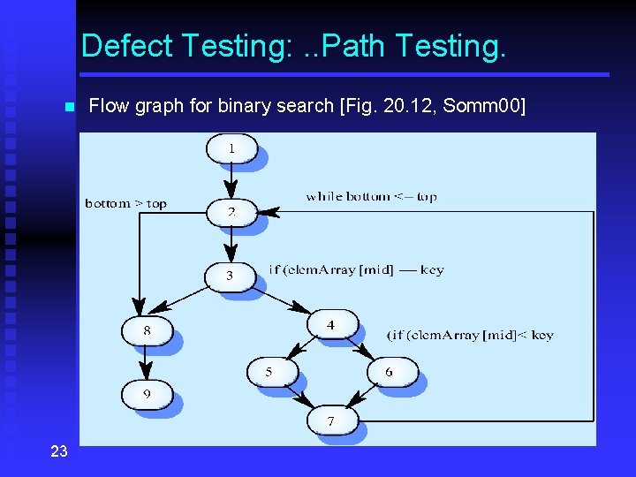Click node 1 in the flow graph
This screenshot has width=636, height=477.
231,148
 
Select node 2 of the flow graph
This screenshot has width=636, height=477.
231,212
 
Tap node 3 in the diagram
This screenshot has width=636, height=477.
230,276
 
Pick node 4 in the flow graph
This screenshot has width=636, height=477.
331,324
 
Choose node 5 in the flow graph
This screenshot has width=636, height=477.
269,372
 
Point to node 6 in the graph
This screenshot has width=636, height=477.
390,372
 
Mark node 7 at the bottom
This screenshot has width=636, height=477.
331,420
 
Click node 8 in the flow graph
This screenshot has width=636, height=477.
147,330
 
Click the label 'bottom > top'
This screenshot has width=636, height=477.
125,203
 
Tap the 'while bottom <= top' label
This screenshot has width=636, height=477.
371,196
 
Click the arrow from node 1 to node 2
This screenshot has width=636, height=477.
231,180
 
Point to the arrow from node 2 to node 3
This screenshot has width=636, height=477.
231,244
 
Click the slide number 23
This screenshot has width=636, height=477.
58,451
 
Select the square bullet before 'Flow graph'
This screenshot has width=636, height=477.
68,108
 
